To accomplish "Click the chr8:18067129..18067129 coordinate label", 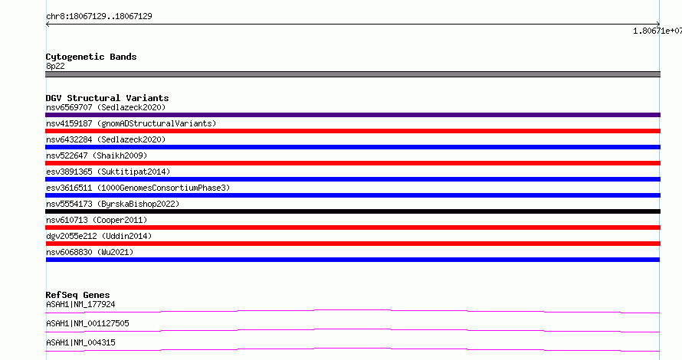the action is [x=99, y=17].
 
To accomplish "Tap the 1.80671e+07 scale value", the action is [x=657, y=31].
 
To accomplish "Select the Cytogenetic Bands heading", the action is [x=91, y=57].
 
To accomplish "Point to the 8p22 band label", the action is [x=55, y=66].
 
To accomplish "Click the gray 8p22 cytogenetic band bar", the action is [x=352, y=74].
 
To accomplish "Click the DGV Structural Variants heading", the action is [x=107, y=98].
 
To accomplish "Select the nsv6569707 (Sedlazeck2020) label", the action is [x=106, y=107].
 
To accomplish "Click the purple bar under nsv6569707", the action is [x=352, y=115].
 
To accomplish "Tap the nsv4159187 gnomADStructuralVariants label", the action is [x=131, y=123].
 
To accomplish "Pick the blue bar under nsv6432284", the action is [x=352, y=147].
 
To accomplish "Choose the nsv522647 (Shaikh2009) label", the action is [x=97, y=155].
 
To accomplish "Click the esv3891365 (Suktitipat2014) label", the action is [x=108, y=172].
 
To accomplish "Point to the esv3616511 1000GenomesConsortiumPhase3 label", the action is [x=138, y=188].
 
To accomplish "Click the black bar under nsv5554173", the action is [x=352, y=211].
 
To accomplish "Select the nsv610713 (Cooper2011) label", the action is [x=97, y=220].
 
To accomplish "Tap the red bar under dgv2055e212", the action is [x=352, y=244].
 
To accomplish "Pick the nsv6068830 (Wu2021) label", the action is [x=90, y=252].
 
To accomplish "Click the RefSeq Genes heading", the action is [x=77, y=295].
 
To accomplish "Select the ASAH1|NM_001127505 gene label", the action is [x=87, y=323].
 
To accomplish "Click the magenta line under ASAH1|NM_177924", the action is [x=352, y=311].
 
